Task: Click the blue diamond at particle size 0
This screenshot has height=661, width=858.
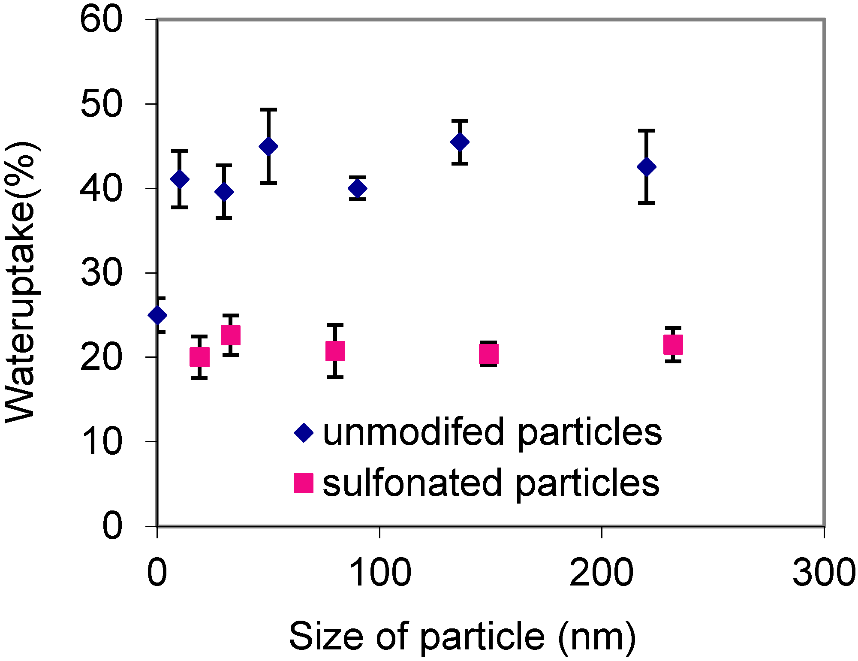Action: pyautogui.click(x=157, y=315)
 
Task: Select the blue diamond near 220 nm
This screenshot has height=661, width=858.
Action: pyautogui.click(x=647, y=166)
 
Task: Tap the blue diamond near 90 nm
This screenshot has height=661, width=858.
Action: pyautogui.click(x=358, y=188)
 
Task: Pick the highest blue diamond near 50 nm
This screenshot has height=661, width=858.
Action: pyautogui.click(x=268, y=146)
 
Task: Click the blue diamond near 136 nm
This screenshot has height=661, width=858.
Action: pyautogui.click(x=460, y=142)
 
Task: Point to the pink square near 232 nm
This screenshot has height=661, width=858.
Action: pyautogui.click(x=673, y=344)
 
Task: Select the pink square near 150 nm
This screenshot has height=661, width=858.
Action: pyautogui.click(x=488, y=354)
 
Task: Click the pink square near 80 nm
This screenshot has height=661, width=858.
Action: pyautogui.click(x=335, y=351)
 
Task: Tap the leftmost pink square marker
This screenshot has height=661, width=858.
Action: pyautogui.click(x=199, y=357)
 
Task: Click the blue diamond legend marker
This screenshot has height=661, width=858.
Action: pyautogui.click(x=304, y=432)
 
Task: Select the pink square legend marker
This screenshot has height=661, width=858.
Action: pyautogui.click(x=304, y=483)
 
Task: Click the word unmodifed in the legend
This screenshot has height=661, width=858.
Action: pyautogui.click(x=413, y=432)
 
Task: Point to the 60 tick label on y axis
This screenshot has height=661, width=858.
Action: pyautogui.click(x=101, y=20)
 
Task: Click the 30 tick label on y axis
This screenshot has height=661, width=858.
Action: pyautogui.click(x=101, y=273)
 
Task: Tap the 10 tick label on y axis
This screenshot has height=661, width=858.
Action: pyautogui.click(x=101, y=442)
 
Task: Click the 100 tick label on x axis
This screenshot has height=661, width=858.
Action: pyautogui.click(x=380, y=573)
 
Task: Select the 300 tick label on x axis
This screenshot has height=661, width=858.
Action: pyautogui.click(x=824, y=573)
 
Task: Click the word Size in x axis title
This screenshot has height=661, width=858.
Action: pyautogui.click(x=326, y=637)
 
